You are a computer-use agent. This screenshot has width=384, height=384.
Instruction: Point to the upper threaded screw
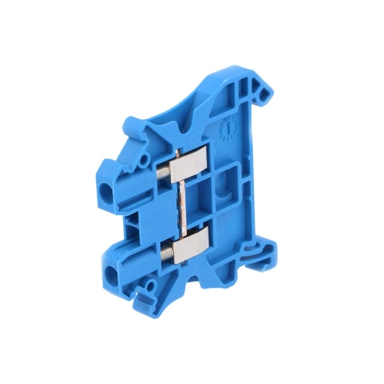click(x=164, y=172)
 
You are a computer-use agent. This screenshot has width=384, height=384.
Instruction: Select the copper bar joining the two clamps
click(x=183, y=208)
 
